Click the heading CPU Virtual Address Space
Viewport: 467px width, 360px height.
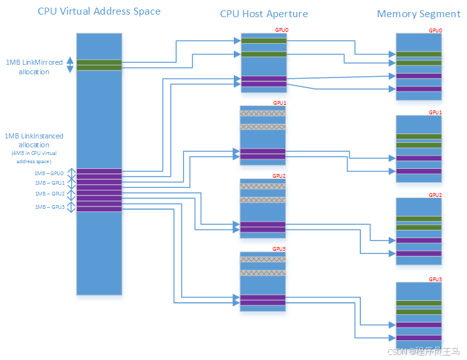[99, 11]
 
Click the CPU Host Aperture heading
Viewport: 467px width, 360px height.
[264, 13]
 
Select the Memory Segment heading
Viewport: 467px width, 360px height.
[419, 13]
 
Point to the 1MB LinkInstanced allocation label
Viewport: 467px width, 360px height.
[34, 140]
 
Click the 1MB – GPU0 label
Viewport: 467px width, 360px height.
[50, 173]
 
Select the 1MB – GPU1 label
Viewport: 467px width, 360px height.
[50, 183]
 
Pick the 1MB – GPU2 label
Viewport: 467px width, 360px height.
[50, 194]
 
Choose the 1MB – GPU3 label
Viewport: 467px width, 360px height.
[50, 207]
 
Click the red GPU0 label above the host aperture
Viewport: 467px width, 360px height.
[281, 30]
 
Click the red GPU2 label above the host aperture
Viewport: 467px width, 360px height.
[280, 176]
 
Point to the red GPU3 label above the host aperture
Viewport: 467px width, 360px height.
[280, 249]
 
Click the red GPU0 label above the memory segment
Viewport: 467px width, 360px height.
[435, 30]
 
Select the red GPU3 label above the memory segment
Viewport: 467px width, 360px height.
[435, 279]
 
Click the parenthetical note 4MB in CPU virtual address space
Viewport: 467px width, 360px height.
[34, 157]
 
